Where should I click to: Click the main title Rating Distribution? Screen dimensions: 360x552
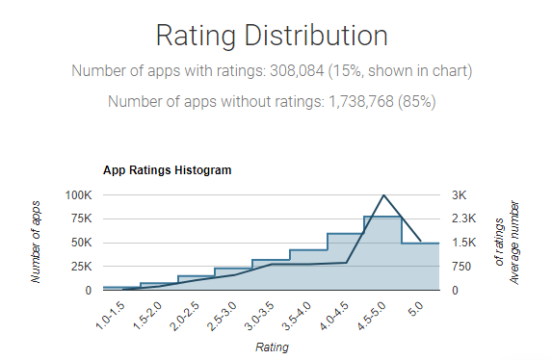tap(272, 37)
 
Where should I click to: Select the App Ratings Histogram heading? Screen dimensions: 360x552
tap(167, 170)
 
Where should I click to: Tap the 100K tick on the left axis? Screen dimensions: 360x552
tap(78, 194)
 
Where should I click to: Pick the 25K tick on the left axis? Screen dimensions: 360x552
tap(82, 266)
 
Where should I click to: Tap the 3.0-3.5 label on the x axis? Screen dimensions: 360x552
tap(256, 314)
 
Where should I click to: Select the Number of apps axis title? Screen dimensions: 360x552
tap(37, 242)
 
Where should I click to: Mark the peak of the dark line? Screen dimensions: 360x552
tap(383, 195)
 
